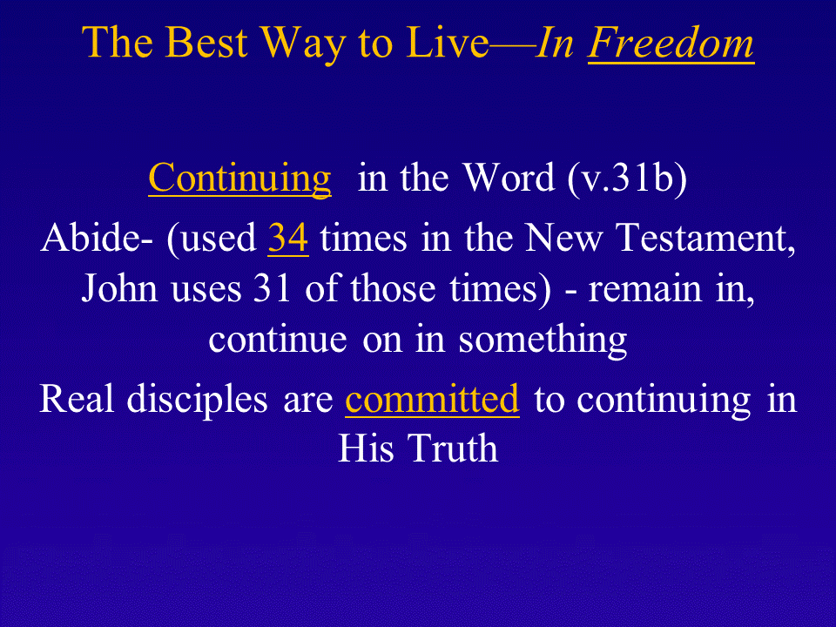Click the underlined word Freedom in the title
click(671, 43)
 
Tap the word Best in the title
click(206, 42)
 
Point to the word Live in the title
click(447, 42)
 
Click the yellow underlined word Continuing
click(240, 179)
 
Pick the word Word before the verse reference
click(509, 178)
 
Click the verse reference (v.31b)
click(627, 179)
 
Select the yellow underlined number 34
click(288, 238)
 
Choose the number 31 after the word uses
click(272, 288)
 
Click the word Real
click(77, 398)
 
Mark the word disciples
click(197, 400)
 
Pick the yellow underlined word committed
click(432, 399)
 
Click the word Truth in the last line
click(453, 448)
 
